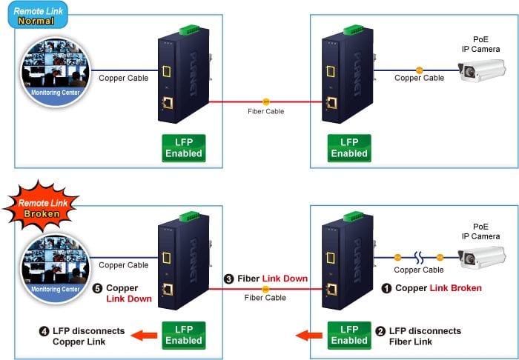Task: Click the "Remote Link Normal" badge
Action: (x=38, y=16)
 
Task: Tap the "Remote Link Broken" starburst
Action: (x=41, y=207)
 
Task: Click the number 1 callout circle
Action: (x=386, y=288)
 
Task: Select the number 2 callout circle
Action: (x=380, y=331)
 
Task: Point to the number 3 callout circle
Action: (x=228, y=279)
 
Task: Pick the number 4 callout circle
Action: (x=44, y=331)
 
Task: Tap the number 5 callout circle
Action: (x=97, y=289)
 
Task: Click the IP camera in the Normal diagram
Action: (x=482, y=70)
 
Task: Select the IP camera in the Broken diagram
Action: (x=482, y=258)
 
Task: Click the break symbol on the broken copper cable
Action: (x=419, y=258)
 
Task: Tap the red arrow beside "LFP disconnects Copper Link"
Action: (x=144, y=336)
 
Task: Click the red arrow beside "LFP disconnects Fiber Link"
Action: (x=309, y=336)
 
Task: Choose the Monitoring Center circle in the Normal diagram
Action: (x=56, y=72)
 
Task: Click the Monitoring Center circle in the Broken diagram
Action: (x=56, y=268)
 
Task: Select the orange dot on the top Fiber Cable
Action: (x=265, y=101)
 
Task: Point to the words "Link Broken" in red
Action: (x=455, y=288)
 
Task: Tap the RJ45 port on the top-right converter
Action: (x=331, y=104)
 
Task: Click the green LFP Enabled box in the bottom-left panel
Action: (x=184, y=336)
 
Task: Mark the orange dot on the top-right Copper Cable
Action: (x=420, y=70)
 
